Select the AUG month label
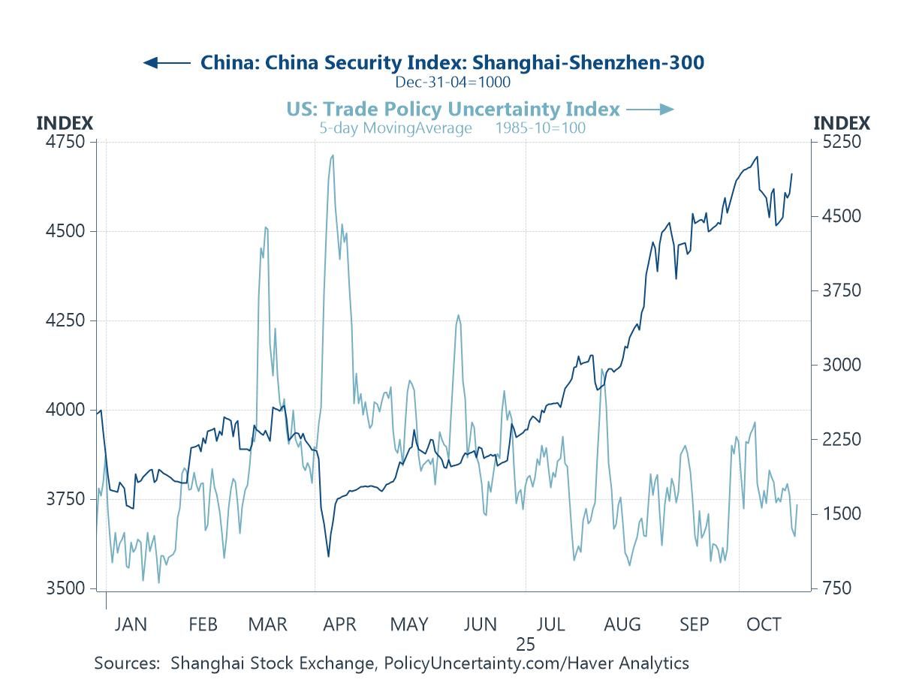(622, 624)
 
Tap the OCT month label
(764, 624)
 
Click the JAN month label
(131, 624)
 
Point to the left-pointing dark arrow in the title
(165, 62)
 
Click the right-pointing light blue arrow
(650, 110)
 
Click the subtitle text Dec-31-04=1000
(453, 82)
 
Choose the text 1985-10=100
(540, 128)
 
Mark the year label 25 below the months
(525, 644)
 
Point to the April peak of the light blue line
(332, 155)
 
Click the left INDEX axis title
(65, 123)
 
